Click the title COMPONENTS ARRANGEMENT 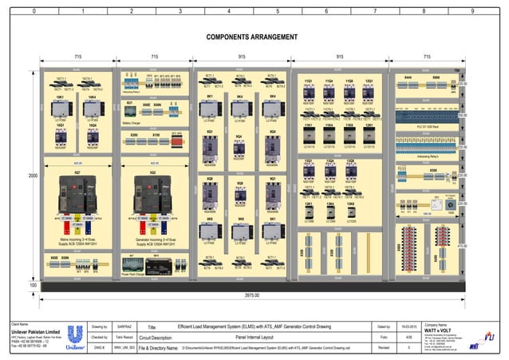coord(254,37)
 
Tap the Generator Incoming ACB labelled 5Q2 coord(152,194)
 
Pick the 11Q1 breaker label coord(308,81)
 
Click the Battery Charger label coord(132,123)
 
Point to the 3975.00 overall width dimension coord(252,295)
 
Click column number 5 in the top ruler coord(278,11)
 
